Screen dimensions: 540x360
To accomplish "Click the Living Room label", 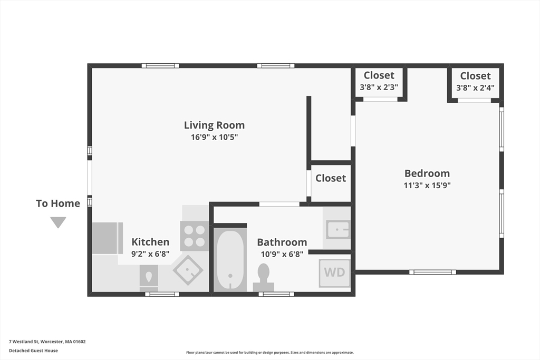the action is click(214, 125).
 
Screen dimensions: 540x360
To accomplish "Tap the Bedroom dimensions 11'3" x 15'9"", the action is click(427, 186).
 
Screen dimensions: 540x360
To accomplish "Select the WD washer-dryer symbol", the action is click(334, 273).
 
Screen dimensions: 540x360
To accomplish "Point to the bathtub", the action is click(230, 260).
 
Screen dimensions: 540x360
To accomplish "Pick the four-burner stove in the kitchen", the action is click(194, 236).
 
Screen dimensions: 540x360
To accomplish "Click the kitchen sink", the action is click(188, 270).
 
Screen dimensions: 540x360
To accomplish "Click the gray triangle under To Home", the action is click(58, 222).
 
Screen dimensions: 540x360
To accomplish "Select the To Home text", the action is click(58, 203).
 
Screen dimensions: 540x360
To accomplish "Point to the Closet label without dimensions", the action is click(331, 178).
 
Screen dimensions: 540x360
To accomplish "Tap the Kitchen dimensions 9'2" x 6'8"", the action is click(150, 254).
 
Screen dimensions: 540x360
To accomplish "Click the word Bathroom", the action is click(282, 242).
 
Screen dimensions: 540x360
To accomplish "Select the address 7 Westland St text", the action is click(23, 342).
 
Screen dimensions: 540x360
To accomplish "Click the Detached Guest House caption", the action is click(33, 351).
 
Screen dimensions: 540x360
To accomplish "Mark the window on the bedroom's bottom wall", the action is click(432, 272).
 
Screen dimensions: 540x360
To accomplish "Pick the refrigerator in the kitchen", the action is click(108, 238).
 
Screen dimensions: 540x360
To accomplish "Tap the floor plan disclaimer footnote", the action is click(270, 353).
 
